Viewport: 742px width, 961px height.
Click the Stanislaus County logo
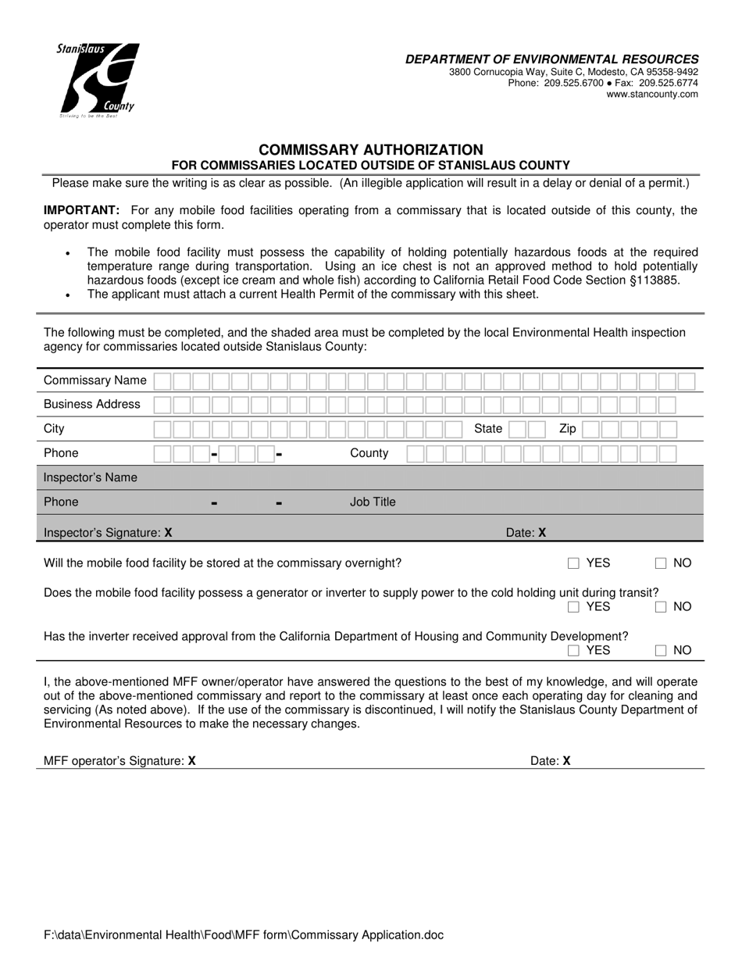[98, 80]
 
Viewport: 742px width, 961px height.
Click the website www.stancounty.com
[652, 95]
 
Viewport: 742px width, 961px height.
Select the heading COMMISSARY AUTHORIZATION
[371, 149]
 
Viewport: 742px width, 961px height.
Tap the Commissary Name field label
[95, 380]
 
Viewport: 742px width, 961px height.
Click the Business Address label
[92, 405]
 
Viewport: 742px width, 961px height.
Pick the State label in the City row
[488, 429]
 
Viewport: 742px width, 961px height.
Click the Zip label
[568, 429]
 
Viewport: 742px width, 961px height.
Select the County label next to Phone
[369, 453]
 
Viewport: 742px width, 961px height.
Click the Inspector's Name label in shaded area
[91, 477]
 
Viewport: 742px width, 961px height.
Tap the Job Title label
[373, 502]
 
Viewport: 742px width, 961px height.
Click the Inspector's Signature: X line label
[108, 533]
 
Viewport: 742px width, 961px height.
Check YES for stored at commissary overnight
[574, 563]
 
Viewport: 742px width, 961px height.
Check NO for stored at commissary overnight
[661, 563]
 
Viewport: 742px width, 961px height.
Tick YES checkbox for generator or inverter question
[574, 607]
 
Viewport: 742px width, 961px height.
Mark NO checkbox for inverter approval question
[661, 650]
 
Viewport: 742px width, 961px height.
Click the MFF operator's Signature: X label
[120, 761]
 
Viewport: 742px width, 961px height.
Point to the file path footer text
[244, 935]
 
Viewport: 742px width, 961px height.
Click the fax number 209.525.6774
[669, 83]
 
